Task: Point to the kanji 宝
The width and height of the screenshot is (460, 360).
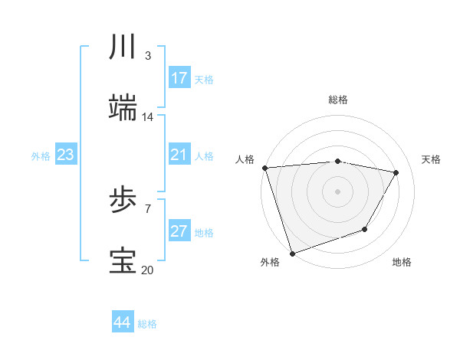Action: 123,261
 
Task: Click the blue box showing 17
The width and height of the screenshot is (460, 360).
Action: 179,78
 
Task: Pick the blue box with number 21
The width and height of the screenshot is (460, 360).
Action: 179,155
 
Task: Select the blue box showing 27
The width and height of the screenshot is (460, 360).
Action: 179,231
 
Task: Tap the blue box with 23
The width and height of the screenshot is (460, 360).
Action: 66,155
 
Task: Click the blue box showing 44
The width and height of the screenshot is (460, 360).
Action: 123,322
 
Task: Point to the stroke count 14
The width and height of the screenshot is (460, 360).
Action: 148,117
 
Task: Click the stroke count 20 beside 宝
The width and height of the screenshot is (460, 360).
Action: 147,270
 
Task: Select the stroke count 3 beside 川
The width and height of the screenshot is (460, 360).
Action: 147,57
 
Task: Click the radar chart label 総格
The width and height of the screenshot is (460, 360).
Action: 338,100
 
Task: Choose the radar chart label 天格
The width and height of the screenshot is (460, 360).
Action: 431,160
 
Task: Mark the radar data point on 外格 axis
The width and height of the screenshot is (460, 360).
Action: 292,253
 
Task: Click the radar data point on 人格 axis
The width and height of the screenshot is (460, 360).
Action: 264,168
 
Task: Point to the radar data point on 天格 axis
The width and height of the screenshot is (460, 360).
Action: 396,172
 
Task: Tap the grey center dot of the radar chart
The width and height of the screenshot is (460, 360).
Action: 337,191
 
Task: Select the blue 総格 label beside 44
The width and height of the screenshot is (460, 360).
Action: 147,324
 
